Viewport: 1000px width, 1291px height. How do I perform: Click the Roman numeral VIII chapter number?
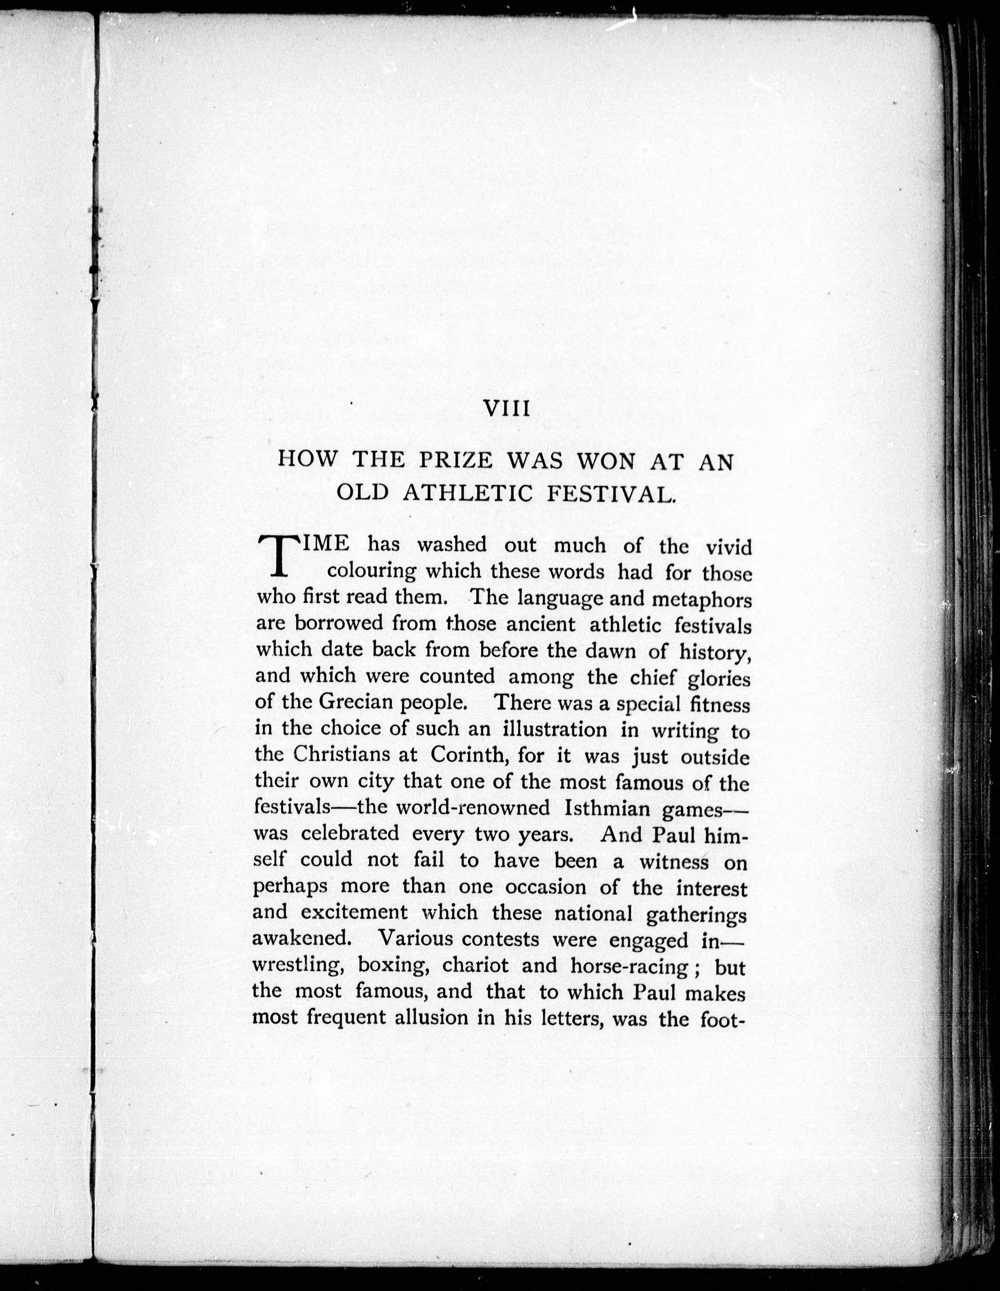[506, 409]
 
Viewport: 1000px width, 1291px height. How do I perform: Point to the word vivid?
[729, 547]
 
